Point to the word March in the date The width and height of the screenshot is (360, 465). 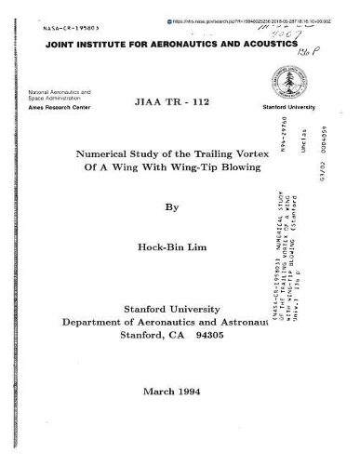157,392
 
